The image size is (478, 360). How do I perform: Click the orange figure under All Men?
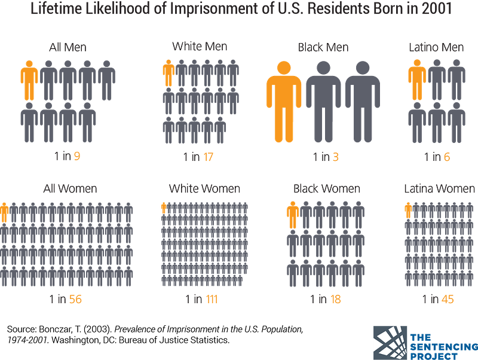pos(29,81)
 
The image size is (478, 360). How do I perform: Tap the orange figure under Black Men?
pos(284,102)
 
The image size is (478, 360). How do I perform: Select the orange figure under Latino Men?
pos(417,80)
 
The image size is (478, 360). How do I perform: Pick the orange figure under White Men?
pos(168,73)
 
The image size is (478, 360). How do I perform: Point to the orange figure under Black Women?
pos(293,215)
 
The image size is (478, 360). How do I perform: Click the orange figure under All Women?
pos(4,212)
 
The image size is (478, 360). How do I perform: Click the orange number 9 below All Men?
pos(77,156)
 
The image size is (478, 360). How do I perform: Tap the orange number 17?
pos(208,157)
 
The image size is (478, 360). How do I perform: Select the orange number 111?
pos(212,299)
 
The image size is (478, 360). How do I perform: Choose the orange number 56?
pos(75,299)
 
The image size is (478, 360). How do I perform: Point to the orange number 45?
pos(448,299)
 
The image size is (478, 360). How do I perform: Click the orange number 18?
pos(335,299)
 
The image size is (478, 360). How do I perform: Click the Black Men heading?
pos(323,47)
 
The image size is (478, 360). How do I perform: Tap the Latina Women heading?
pos(440,189)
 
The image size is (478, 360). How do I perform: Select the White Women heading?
pos(204,189)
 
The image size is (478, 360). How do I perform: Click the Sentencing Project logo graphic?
pos(390,343)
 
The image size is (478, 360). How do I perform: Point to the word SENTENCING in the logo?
pos(444,347)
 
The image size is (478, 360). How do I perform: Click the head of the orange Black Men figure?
pos(284,68)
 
